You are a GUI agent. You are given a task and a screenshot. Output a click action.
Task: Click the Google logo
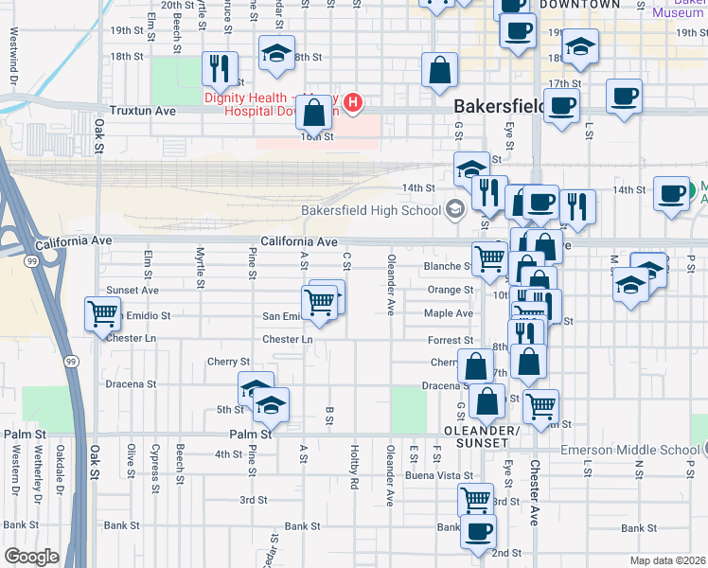click(31, 557)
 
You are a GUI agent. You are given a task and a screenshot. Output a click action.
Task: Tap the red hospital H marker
click(353, 102)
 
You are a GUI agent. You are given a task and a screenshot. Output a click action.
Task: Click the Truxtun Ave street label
click(143, 111)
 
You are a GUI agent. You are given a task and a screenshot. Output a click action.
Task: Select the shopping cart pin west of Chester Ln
click(102, 313)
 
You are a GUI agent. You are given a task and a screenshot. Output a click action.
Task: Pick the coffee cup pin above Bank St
click(478, 530)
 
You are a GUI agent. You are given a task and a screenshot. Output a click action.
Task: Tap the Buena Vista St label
click(440, 475)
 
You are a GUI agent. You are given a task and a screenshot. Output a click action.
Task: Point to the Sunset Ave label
click(133, 290)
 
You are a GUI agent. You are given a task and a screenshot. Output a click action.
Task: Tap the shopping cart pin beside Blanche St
click(488, 257)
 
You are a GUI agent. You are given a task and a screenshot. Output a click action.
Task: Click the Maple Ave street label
click(449, 313)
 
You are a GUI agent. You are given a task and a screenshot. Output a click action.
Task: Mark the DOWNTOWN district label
click(580, 5)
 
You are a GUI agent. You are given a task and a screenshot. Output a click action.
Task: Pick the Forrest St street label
click(451, 340)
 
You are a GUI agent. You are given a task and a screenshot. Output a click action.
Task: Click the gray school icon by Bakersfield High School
click(455, 209)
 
